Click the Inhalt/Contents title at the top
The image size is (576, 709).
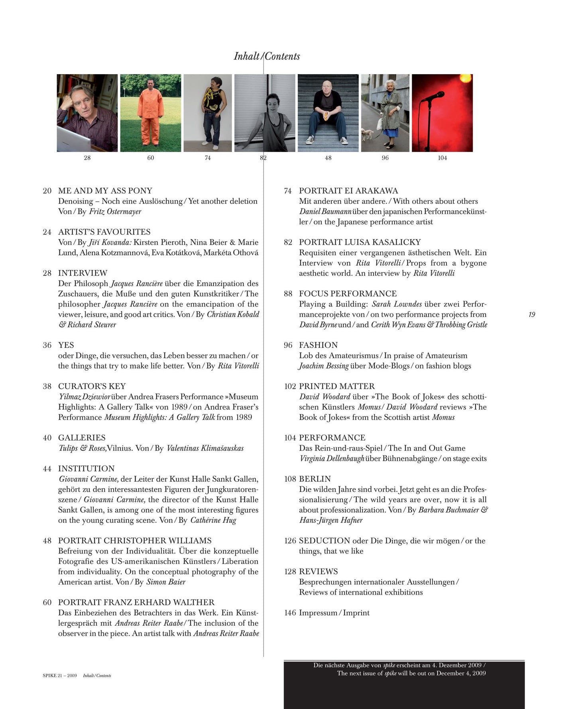point(267,56)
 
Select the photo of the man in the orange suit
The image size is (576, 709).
point(150,113)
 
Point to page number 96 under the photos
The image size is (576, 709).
point(385,158)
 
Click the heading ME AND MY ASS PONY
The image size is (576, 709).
point(105,191)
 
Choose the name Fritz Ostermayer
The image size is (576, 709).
point(115,211)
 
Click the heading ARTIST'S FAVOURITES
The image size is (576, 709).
point(104,232)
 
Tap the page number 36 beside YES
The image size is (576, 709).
point(47,345)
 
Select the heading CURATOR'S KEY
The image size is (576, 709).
point(92,386)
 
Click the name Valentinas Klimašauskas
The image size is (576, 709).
point(205,448)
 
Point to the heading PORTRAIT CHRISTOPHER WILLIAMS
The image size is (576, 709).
point(135,540)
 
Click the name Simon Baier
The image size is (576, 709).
point(166,582)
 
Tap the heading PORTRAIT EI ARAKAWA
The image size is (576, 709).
point(348,191)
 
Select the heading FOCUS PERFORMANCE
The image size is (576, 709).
point(348,294)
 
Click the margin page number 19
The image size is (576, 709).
point(531,314)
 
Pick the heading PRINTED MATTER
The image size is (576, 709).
point(337,386)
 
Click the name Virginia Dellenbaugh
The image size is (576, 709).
point(332,458)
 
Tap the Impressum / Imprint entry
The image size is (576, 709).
point(334,613)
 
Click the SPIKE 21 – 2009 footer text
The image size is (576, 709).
point(60,676)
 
